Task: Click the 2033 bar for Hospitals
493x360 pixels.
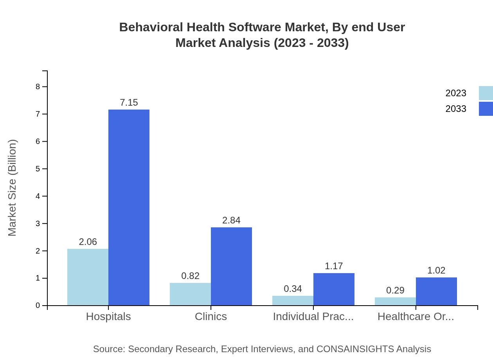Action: click(x=129, y=207)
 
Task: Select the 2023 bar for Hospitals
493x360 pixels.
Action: click(x=88, y=277)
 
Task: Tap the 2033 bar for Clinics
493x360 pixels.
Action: click(x=231, y=266)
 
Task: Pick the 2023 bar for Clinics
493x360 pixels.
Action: click(x=190, y=294)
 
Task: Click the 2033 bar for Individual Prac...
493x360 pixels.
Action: click(x=334, y=289)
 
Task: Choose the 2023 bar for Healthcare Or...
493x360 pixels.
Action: click(x=395, y=301)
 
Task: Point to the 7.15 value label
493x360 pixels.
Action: click(x=129, y=103)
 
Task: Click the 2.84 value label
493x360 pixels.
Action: click(x=231, y=220)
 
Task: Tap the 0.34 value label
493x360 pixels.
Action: click(x=293, y=289)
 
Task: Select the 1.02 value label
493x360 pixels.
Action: click(x=436, y=270)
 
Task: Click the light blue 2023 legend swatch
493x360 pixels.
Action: click(x=486, y=93)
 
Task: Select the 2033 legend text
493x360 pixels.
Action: click(x=456, y=109)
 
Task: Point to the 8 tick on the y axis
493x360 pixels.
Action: click(x=38, y=86)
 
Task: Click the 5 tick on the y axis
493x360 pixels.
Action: click(x=38, y=169)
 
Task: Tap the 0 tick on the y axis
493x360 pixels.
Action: click(x=38, y=305)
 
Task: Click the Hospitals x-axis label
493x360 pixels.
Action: click(x=108, y=316)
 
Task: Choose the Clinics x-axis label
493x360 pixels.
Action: click(x=211, y=316)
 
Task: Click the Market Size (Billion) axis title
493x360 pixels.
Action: click(x=13, y=188)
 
